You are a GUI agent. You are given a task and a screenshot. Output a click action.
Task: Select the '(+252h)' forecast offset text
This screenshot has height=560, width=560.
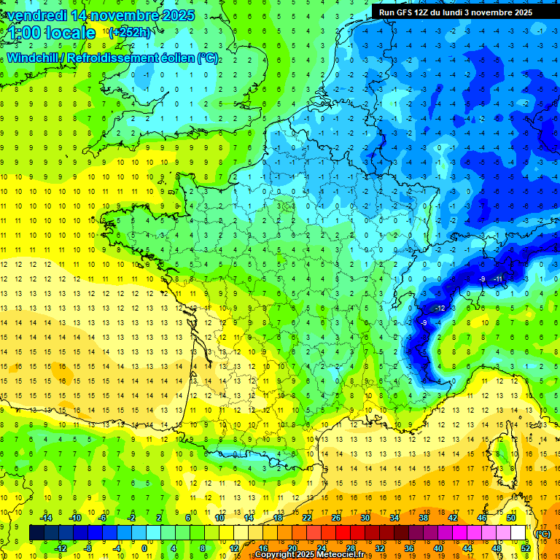[130, 33]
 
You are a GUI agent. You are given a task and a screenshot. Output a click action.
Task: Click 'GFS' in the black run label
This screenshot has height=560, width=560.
[408, 12]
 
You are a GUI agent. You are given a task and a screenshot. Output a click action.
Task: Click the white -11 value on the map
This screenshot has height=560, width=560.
[498, 279]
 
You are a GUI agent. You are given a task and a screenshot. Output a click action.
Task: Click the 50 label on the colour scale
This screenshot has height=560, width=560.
[510, 518]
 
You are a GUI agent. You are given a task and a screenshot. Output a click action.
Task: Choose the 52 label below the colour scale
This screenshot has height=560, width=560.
[525, 548]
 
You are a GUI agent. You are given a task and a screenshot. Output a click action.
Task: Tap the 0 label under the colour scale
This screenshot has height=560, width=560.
[144, 548]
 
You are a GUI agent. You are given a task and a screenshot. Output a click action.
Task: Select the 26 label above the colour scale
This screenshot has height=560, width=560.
[336, 518]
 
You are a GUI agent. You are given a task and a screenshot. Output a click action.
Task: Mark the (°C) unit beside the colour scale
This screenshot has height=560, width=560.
[543, 534]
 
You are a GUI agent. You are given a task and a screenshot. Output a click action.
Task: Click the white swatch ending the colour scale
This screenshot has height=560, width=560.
[518, 533]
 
